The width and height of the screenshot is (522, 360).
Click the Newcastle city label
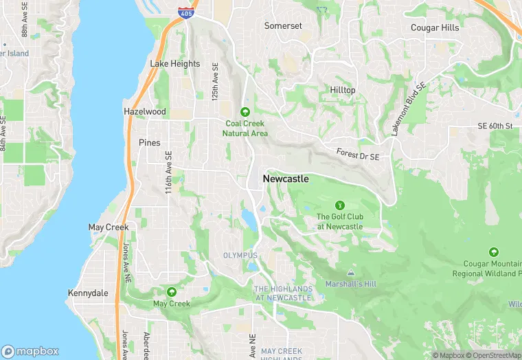point(286,179)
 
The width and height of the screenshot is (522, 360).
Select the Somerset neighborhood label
point(283,26)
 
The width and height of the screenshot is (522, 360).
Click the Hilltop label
point(343,90)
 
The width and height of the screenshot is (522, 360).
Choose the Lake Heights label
point(175,64)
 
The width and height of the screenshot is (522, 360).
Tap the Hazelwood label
point(144,111)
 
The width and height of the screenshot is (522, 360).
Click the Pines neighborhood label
point(149,143)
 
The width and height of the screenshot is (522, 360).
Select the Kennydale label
point(88,293)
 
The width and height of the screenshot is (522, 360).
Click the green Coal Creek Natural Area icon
point(246,112)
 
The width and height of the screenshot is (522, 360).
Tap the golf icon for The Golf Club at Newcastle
point(339,205)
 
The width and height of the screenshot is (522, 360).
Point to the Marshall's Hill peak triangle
point(351,273)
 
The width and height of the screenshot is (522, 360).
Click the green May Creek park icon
point(171,292)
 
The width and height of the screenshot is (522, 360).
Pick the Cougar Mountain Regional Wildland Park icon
point(493,252)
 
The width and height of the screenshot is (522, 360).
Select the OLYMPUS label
point(240,255)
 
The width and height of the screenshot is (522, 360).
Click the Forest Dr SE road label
point(357,154)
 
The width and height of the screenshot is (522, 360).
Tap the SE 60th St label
point(495,126)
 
